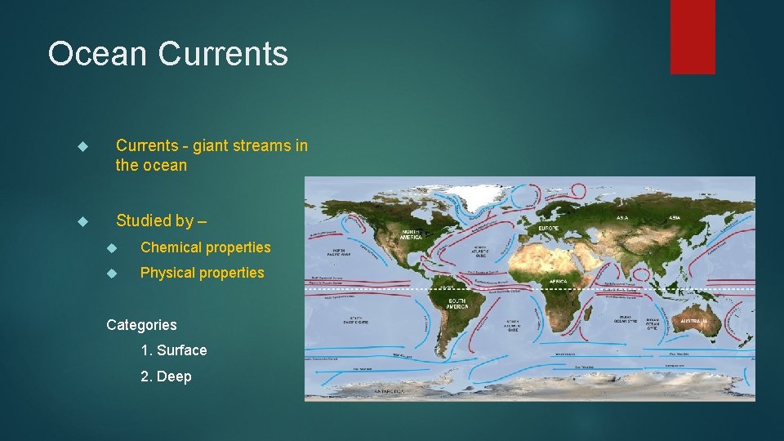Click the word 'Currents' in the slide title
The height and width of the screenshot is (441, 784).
point(222,54)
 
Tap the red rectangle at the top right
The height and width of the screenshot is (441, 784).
point(693,37)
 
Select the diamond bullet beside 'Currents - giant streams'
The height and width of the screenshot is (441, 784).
point(81,146)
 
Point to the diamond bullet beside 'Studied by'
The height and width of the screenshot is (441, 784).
point(81,221)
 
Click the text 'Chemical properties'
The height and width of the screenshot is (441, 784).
point(205,247)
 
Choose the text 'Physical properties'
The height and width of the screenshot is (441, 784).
point(202,273)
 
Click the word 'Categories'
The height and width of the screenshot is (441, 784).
point(141,325)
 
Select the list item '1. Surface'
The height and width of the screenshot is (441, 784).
point(173,350)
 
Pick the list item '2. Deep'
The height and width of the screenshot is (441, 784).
point(166,376)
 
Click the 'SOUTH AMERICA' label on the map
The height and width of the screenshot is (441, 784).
point(457,303)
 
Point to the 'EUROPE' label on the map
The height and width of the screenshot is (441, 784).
point(549,228)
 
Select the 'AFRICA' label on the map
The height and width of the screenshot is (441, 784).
point(558,280)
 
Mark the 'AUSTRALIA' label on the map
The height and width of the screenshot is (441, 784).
point(693,322)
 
